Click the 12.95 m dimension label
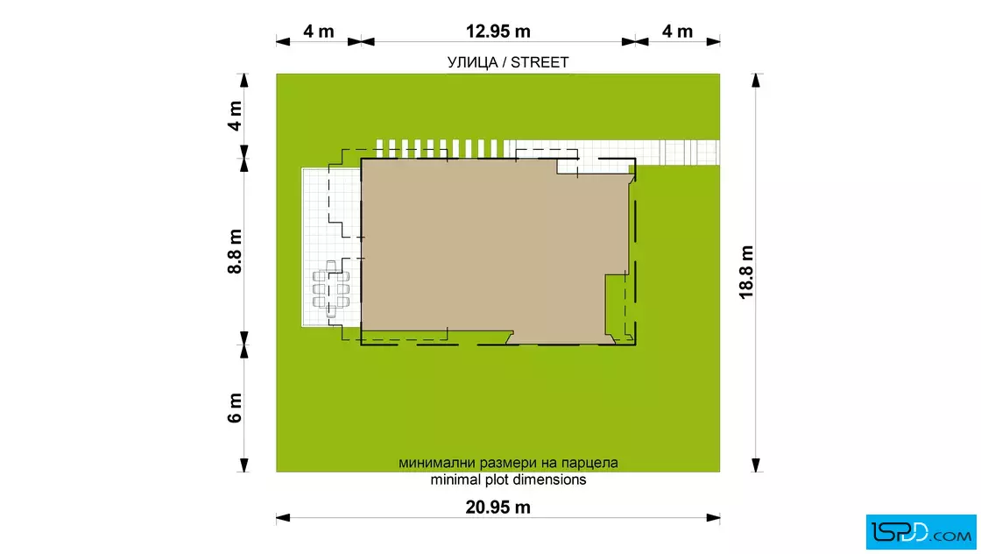(498, 31)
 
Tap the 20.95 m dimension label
(498, 507)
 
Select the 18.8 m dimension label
(746, 273)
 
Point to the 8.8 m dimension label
(235, 252)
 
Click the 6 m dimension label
(235, 408)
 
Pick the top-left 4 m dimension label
(319, 31)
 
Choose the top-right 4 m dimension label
(678, 31)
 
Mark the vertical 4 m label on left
(235, 116)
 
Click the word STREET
(540, 62)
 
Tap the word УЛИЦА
(472, 62)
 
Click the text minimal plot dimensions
(508, 479)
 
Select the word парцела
(589, 463)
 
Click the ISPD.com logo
(921, 532)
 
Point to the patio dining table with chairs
(331, 289)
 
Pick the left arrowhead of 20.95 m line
(284, 518)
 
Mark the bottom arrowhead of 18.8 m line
(756, 465)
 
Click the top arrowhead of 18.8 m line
(756, 81)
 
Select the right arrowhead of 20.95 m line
(713, 518)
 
